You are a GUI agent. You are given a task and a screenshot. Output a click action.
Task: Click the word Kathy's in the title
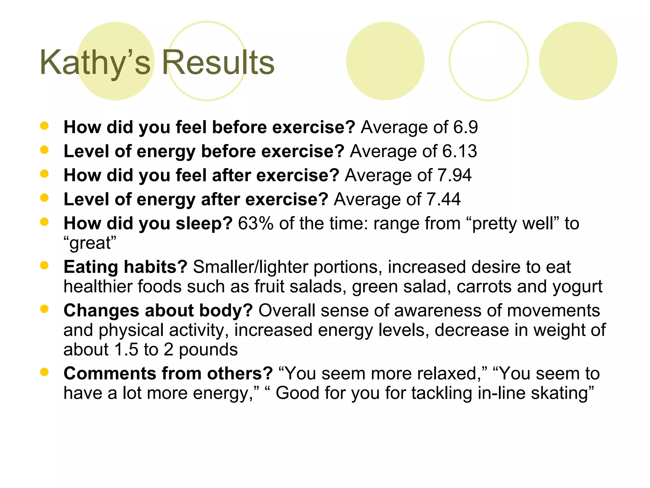pyautogui.click(x=95, y=63)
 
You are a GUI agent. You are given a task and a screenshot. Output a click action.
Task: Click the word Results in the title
pyautogui.click(x=218, y=63)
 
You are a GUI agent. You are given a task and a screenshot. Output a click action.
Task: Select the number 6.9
pyautogui.click(x=465, y=127)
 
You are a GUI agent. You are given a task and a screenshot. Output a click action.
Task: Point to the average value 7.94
pyautogui.click(x=454, y=175)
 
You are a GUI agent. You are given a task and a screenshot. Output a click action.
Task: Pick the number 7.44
pyautogui.click(x=443, y=200)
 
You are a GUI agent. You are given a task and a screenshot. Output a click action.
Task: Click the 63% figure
pyautogui.click(x=256, y=223)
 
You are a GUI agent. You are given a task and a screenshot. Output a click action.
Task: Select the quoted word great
pyautogui.click(x=90, y=243)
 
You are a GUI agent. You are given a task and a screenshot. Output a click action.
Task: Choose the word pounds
pyautogui.click(x=208, y=350)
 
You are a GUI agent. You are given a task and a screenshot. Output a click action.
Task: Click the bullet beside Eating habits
pyautogui.click(x=44, y=266)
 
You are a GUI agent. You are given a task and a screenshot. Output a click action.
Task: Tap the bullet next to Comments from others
pyautogui.click(x=44, y=372)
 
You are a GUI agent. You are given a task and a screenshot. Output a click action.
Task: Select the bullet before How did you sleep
pyautogui.click(x=44, y=222)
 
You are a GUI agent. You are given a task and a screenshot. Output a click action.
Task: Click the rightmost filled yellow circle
pyautogui.click(x=578, y=61)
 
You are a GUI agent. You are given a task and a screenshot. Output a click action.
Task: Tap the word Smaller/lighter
pyautogui.click(x=250, y=267)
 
